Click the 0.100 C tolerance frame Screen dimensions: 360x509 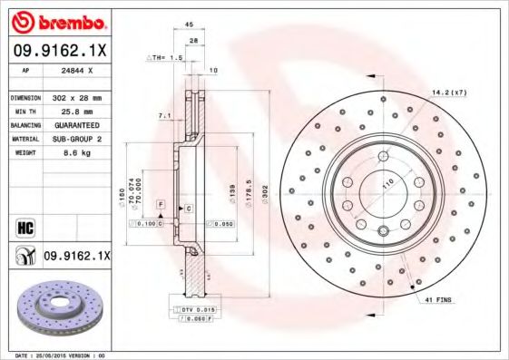click(x=145, y=222)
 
